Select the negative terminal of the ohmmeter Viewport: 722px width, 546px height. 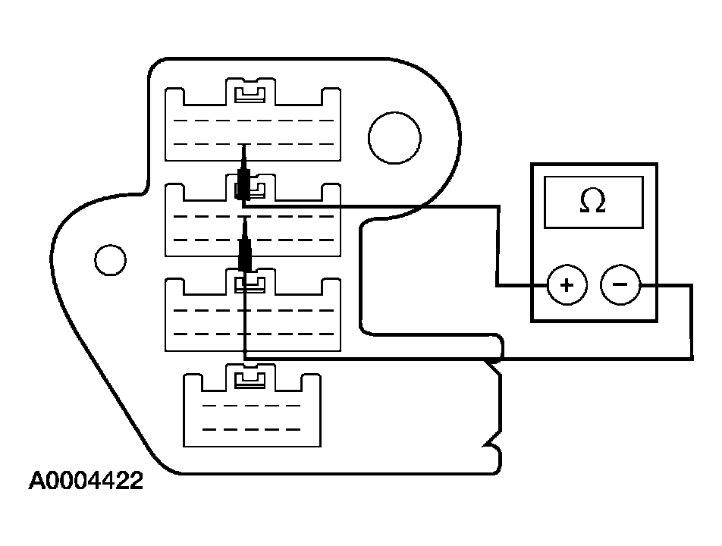(x=620, y=286)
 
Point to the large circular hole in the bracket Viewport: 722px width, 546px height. (x=394, y=136)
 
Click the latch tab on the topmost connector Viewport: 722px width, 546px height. (x=251, y=94)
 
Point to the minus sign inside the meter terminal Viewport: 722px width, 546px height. (x=620, y=286)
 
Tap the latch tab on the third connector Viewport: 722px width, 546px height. (x=251, y=284)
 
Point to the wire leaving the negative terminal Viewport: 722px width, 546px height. (x=667, y=286)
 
